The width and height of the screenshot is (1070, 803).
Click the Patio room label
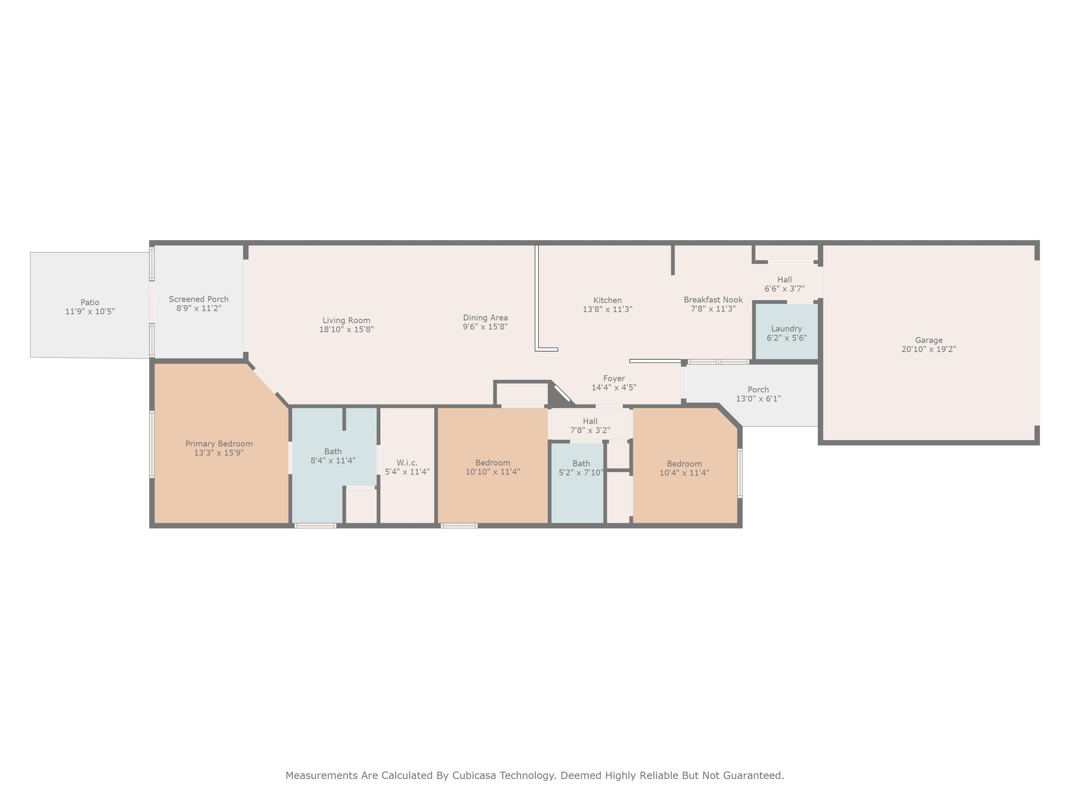[90, 303]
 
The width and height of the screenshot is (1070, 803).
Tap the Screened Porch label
[199, 299]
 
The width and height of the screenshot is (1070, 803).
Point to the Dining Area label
[485, 318]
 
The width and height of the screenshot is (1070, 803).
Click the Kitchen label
[607, 300]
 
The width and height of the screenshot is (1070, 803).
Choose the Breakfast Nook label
[713, 300]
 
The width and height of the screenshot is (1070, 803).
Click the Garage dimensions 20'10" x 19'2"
[929, 349]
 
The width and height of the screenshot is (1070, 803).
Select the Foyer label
[614, 378]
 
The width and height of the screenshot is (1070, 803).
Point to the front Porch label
[758, 390]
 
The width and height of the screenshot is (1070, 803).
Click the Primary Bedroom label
[219, 444]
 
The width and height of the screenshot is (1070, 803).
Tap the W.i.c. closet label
[407, 463]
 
